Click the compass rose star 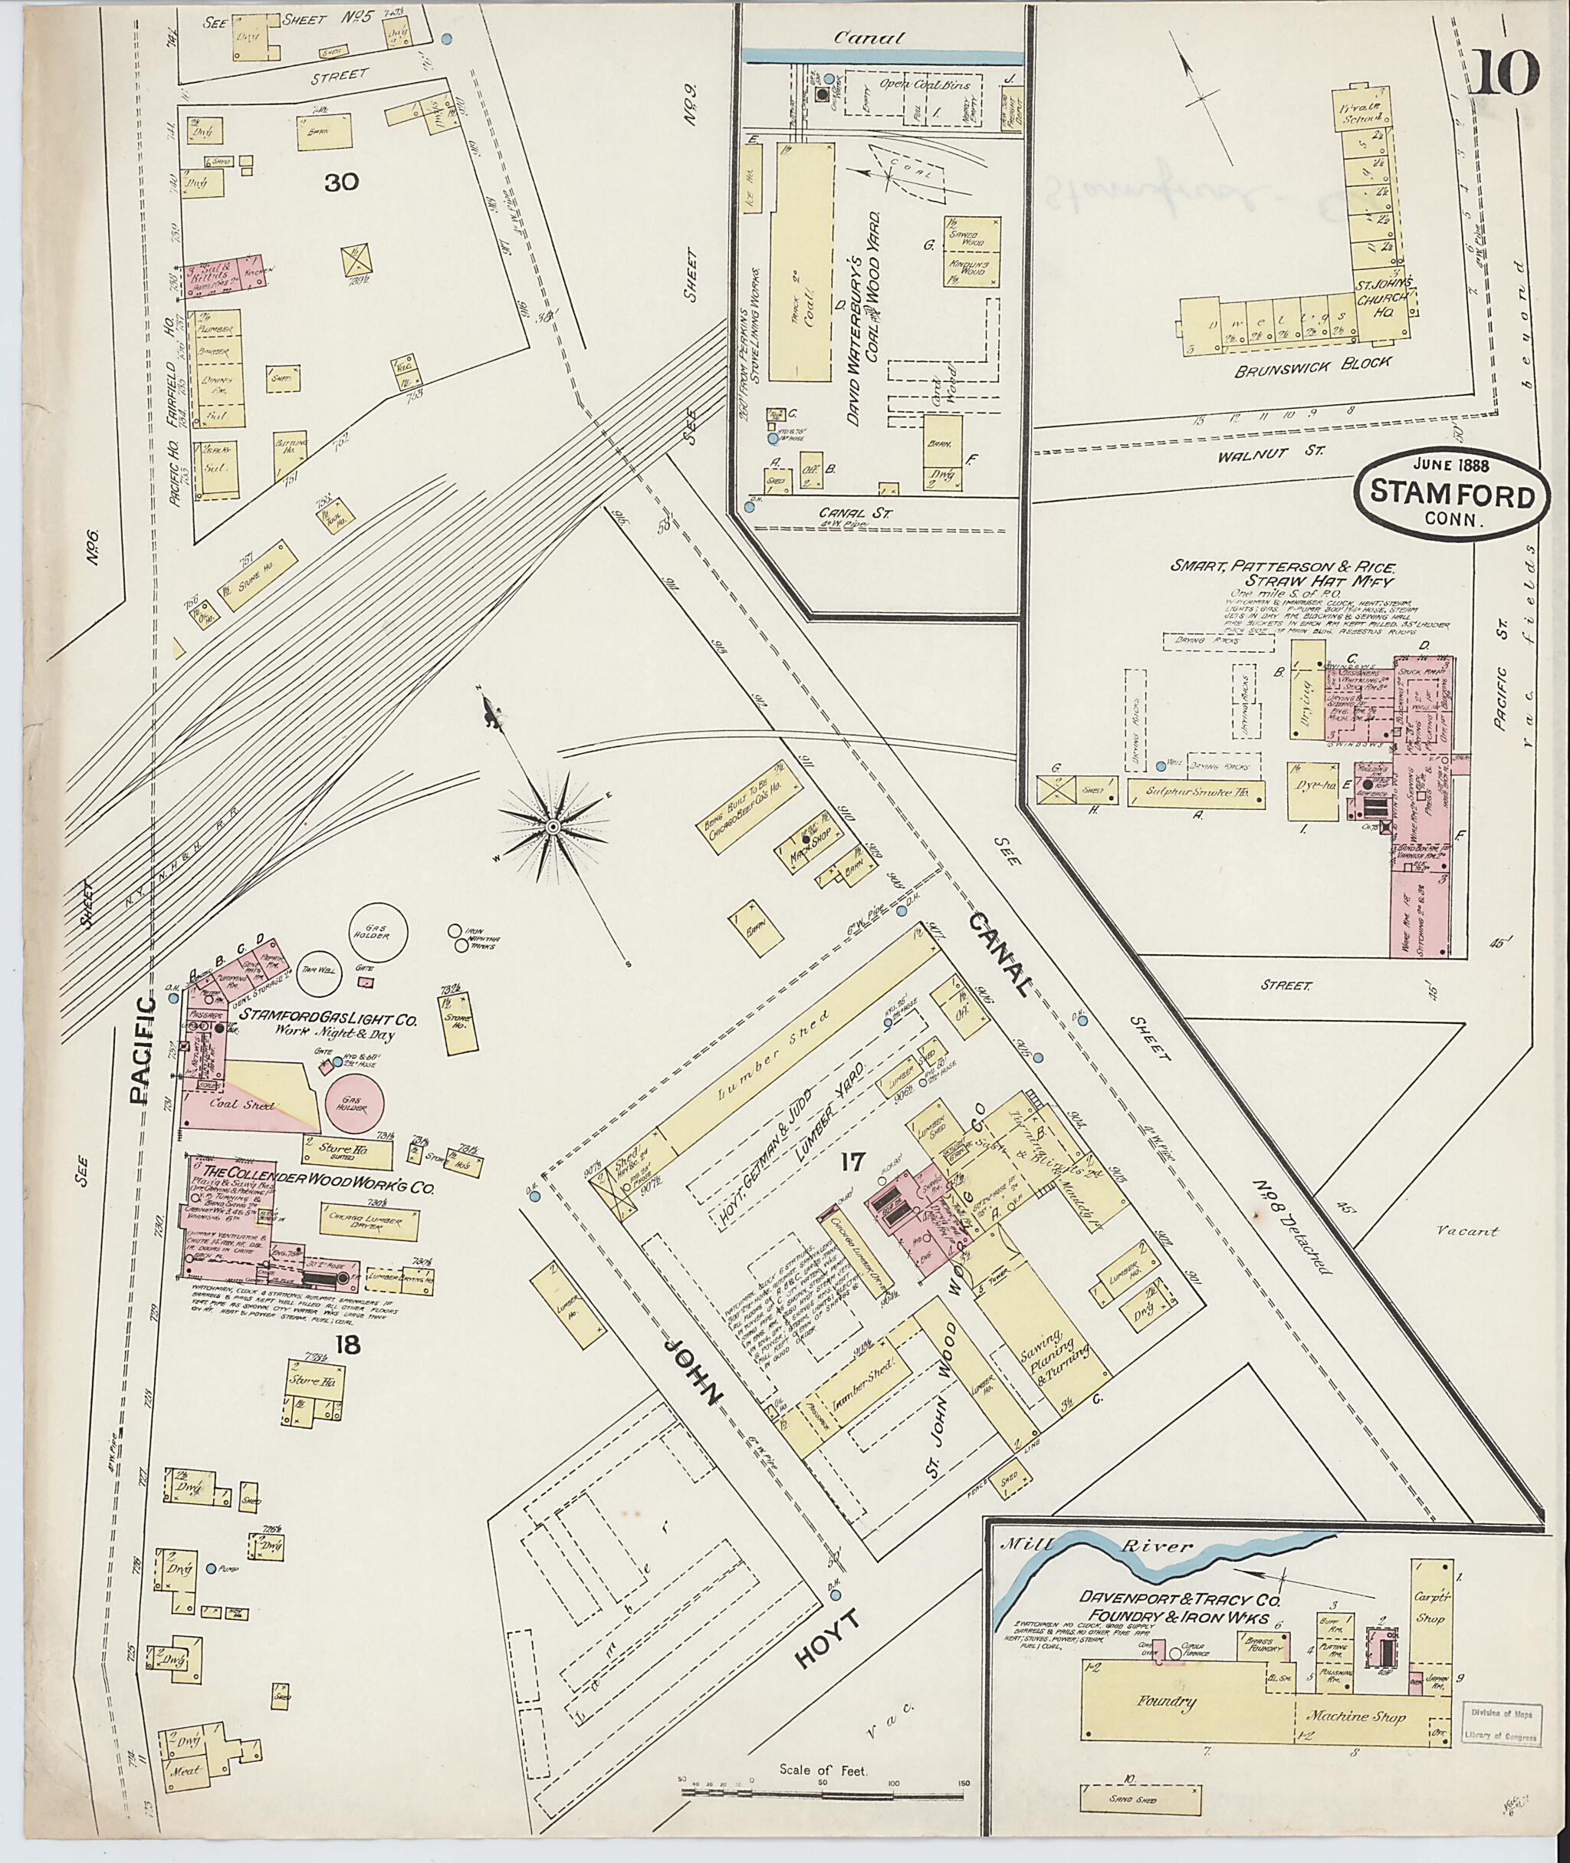tap(553, 828)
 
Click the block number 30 tap(342, 183)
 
